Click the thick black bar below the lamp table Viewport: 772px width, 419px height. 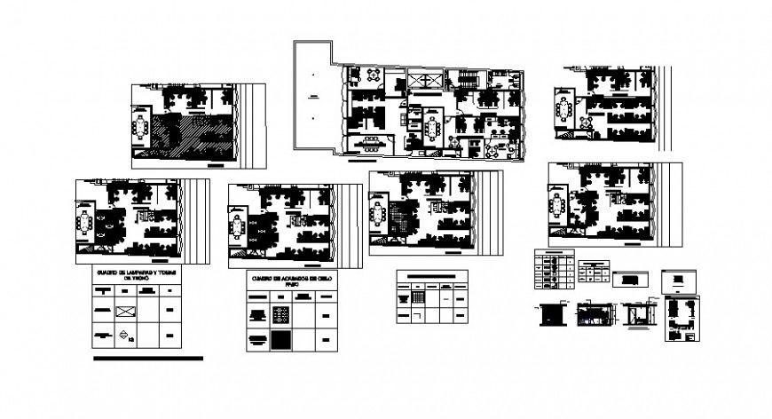point(147,359)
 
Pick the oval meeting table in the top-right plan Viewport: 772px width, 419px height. point(565,110)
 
